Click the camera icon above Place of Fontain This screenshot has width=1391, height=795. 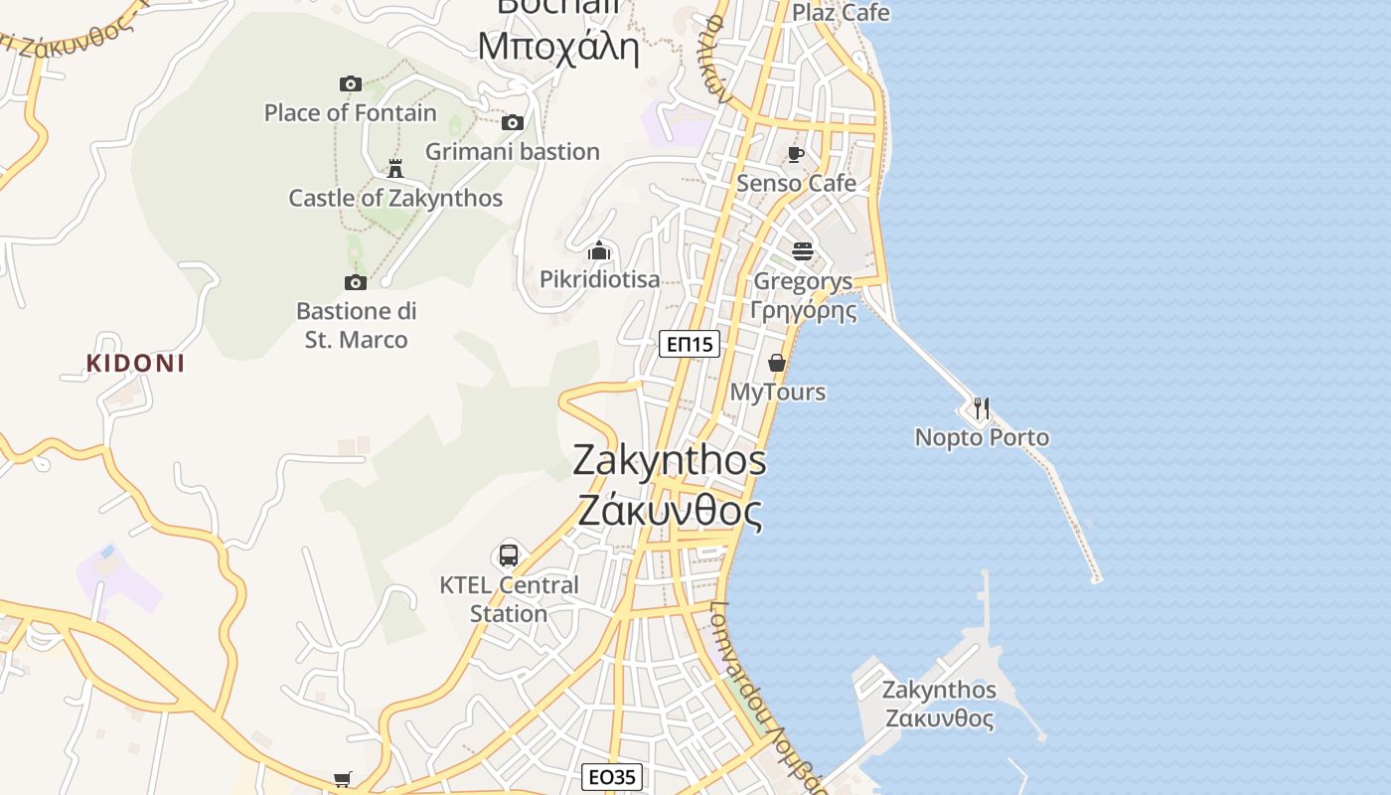tap(350, 83)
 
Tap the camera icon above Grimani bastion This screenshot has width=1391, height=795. tap(513, 122)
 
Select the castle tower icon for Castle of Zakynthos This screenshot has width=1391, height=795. tap(395, 168)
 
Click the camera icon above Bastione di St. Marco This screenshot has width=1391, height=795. tap(355, 282)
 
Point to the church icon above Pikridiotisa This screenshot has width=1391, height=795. tap(599, 250)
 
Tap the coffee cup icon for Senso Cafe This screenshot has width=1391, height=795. tap(796, 154)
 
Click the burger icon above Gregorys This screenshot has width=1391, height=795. tap(803, 251)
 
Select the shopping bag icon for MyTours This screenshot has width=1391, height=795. tap(778, 363)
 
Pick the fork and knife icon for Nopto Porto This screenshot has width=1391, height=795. tap(982, 407)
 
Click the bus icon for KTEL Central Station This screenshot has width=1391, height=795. tap(509, 556)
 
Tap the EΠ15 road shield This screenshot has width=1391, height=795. tap(690, 345)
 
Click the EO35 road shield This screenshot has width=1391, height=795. tap(612, 777)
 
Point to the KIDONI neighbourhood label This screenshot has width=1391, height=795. tap(135, 364)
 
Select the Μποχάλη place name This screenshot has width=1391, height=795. tap(557, 47)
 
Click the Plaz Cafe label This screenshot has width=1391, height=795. tap(841, 13)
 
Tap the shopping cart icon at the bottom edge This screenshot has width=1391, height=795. tap(342, 780)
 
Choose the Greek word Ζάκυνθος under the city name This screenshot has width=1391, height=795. tap(670, 512)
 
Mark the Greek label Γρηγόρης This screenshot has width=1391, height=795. tap(803, 310)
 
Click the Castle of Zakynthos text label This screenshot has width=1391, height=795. tap(395, 198)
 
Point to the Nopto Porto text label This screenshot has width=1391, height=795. tap(982, 437)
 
